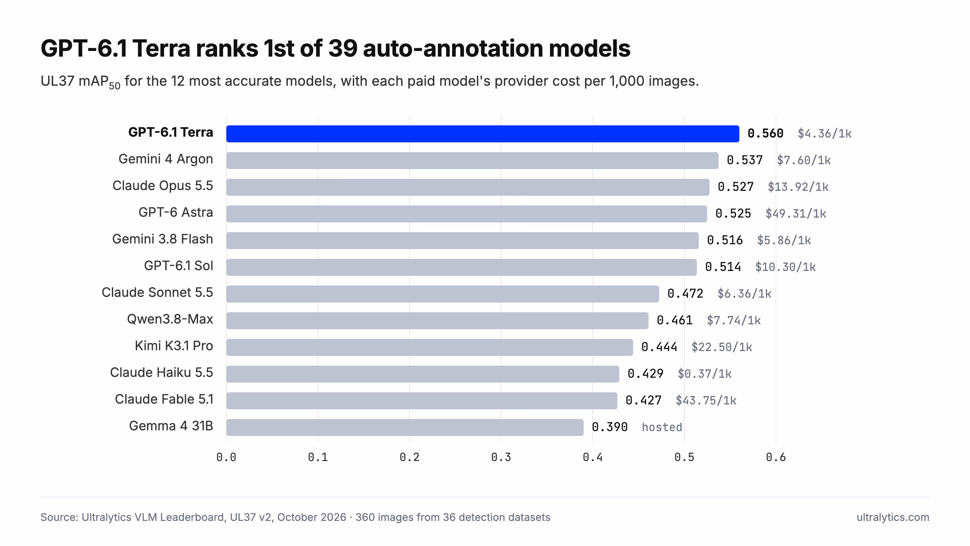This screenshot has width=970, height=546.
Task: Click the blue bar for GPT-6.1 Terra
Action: pyautogui.click(x=483, y=134)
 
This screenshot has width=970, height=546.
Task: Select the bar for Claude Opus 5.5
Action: pyautogui.click(x=468, y=187)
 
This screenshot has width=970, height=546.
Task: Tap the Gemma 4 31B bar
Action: pyautogui.click(x=405, y=427)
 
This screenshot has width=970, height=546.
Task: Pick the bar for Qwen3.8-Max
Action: pyautogui.click(x=437, y=321)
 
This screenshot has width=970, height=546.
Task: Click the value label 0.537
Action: pyautogui.click(x=744, y=160)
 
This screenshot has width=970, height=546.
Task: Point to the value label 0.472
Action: pyautogui.click(x=685, y=294)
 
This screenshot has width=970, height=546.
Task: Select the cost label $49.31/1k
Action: pyautogui.click(x=796, y=214)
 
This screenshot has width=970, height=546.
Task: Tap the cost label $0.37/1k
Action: pyautogui.click(x=704, y=374)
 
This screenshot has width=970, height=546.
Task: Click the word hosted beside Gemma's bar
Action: pyautogui.click(x=662, y=427)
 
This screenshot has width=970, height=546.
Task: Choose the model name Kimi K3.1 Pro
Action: pyautogui.click(x=174, y=346)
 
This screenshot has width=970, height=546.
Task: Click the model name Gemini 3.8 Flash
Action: pyautogui.click(x=162, y=239)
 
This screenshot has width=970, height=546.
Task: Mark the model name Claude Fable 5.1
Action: pyautogui.click(x=164, y=399)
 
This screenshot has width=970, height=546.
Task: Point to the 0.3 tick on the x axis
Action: pyautogui.click(x=501, y=457)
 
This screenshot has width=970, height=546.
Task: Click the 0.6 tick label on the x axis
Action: pyautogui.click(x=776, y=457)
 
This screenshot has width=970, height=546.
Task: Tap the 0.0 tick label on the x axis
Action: pyautogui.click(x=226, y=457)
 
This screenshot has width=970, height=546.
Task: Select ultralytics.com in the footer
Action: pyautogui.click(x=893, y=517)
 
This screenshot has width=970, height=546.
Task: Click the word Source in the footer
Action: pyautogui.click(x=59, y=517)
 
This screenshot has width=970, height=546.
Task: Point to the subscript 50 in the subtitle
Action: pyautogui.click(x=115, y=86)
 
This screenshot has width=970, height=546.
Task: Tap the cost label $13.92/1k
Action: pyautogui.click(x=798, y=187)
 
